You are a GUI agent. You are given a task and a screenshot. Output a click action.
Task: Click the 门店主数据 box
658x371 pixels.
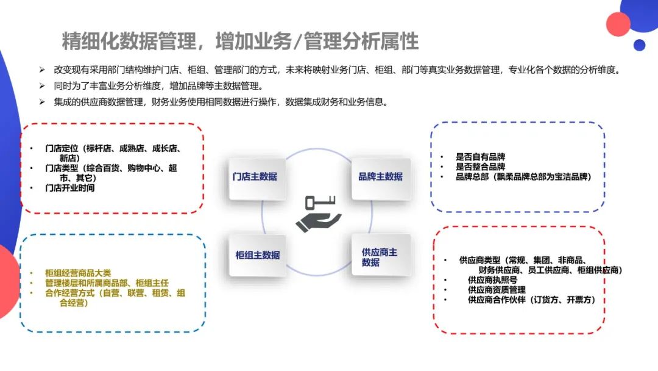pos(255,177)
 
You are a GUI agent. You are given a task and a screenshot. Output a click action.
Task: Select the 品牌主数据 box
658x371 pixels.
pos(380,177)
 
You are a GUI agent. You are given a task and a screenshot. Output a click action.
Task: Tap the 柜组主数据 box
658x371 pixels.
pos(257,255)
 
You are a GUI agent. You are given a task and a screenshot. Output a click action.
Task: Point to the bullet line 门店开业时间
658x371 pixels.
pos(70,188)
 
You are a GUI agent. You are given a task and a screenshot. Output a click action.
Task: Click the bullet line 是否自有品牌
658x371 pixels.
pos(480,157)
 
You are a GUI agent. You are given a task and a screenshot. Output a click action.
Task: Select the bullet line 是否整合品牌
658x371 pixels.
pos(480,167)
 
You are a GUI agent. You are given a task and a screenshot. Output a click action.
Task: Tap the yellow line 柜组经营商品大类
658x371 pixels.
pos(78,273)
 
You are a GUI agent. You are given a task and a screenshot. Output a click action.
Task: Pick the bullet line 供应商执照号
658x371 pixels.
pos(492,279)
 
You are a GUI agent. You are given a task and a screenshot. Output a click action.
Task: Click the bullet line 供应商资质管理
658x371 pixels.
pos(497,290)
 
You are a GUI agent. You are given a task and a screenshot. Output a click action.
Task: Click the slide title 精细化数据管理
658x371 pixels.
pos(240,41)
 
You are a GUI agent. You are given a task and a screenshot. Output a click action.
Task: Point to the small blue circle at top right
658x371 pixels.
pos(639,45)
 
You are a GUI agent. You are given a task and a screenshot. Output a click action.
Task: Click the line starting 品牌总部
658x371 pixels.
pos(523,176)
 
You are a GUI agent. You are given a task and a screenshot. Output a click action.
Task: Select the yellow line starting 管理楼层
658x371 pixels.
pos(107,283)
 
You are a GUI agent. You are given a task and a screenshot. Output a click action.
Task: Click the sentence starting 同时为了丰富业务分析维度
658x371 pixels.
pos(158,85)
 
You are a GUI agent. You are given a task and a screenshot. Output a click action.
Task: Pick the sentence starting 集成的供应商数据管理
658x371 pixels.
pos(219,102)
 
